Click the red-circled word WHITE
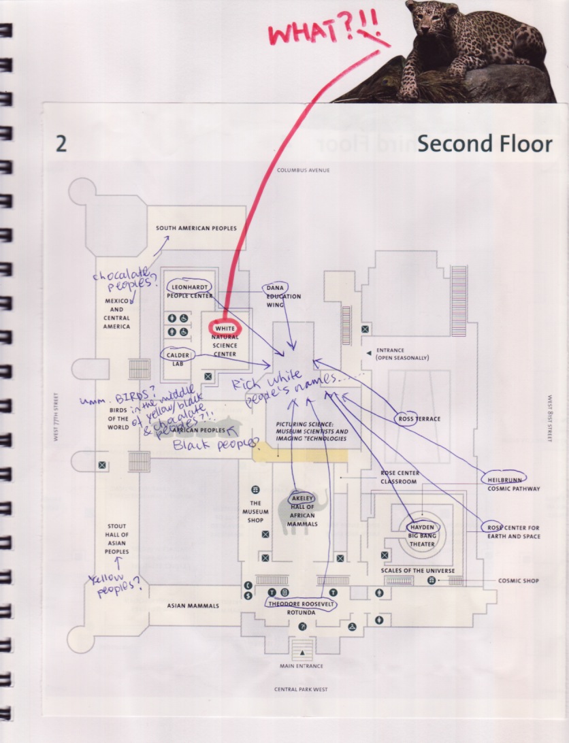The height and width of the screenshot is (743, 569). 224,329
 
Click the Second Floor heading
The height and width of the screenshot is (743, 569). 484,144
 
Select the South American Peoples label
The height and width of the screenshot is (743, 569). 197,229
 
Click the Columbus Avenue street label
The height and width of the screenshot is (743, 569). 303,170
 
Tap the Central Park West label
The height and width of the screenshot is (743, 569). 301,689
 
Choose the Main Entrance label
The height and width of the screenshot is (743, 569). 301,665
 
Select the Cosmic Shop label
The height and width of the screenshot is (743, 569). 519,580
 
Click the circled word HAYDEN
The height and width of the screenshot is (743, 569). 421,527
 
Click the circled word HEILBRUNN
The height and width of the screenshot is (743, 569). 504,478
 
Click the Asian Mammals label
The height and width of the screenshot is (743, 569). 193,606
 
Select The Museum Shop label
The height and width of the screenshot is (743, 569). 255,512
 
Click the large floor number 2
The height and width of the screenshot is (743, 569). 61,144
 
